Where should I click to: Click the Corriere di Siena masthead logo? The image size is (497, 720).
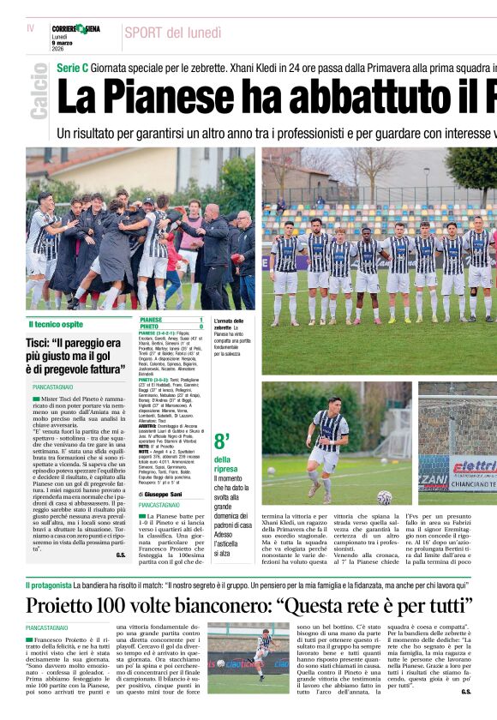tap(75, 29)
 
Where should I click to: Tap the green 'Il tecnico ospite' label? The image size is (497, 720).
tap(56, 324)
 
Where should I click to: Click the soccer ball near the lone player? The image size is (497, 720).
tap(384, 497)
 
